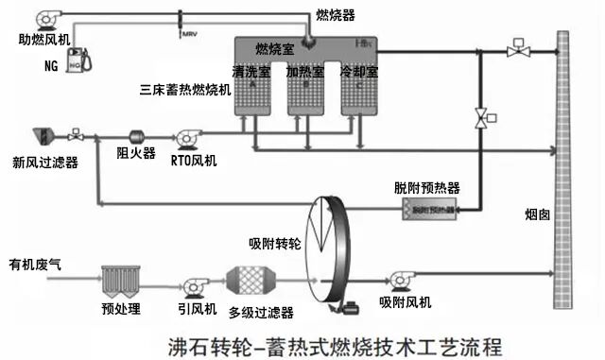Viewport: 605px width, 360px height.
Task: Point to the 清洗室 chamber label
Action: point(251,71)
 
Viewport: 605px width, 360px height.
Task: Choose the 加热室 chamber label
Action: point(305,71)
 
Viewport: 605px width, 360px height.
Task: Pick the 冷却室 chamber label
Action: point(359,71)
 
